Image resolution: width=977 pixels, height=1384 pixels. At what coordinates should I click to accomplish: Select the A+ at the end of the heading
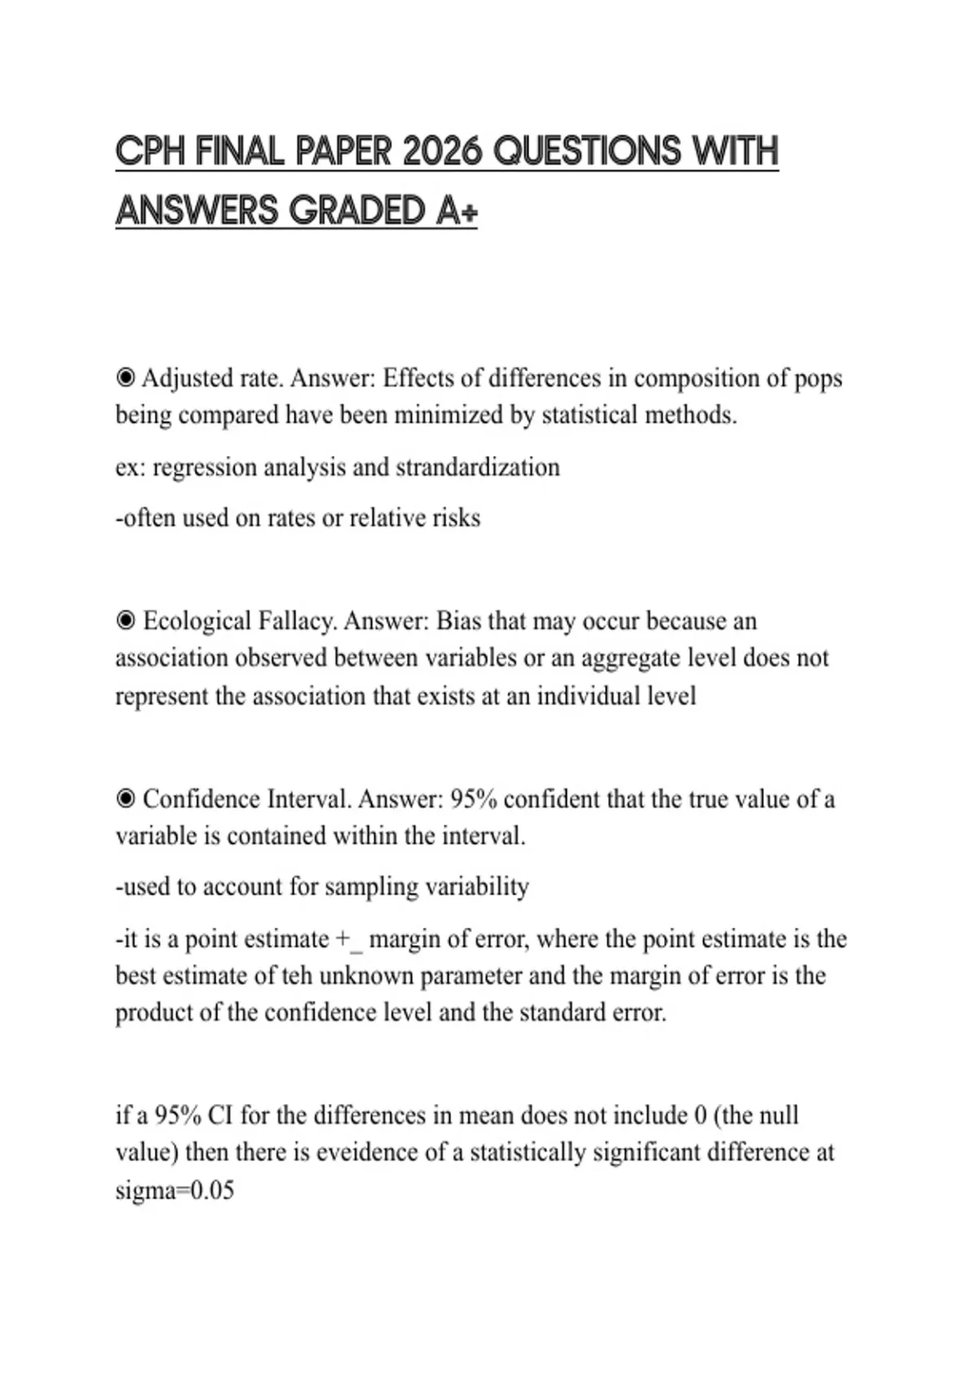pos(457,211)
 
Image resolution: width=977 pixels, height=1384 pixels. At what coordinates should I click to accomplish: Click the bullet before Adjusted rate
pos(125,378)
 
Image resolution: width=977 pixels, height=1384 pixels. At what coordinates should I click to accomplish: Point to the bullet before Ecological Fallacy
pos(125,621)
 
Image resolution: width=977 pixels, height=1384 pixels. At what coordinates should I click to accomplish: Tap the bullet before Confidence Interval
pos(125,799)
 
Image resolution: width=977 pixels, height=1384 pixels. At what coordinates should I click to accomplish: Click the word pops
pos(817,379)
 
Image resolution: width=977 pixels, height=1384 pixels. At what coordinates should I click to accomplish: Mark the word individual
pos(589,696)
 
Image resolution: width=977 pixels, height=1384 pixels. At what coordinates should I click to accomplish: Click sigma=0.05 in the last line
pos(174,1190)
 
